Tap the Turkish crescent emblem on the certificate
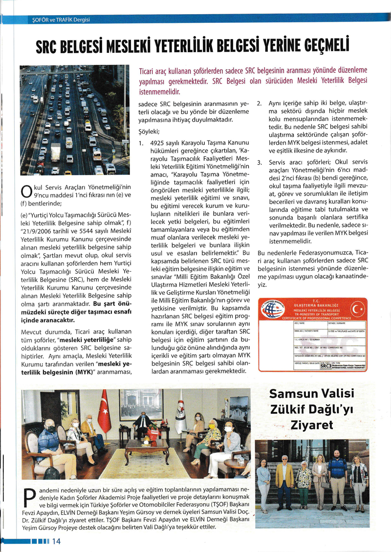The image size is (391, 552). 357,310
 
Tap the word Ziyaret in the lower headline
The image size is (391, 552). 320,425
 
